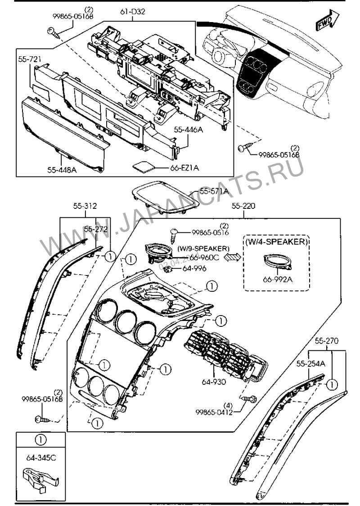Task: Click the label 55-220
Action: tap(243, 206)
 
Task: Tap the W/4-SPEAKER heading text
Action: tap(276, 242)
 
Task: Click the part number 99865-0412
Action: tap(214, 412)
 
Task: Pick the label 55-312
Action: tap(85, 206)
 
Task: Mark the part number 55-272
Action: tap(95, 229)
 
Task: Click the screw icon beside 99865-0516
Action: tap(174, 232)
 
